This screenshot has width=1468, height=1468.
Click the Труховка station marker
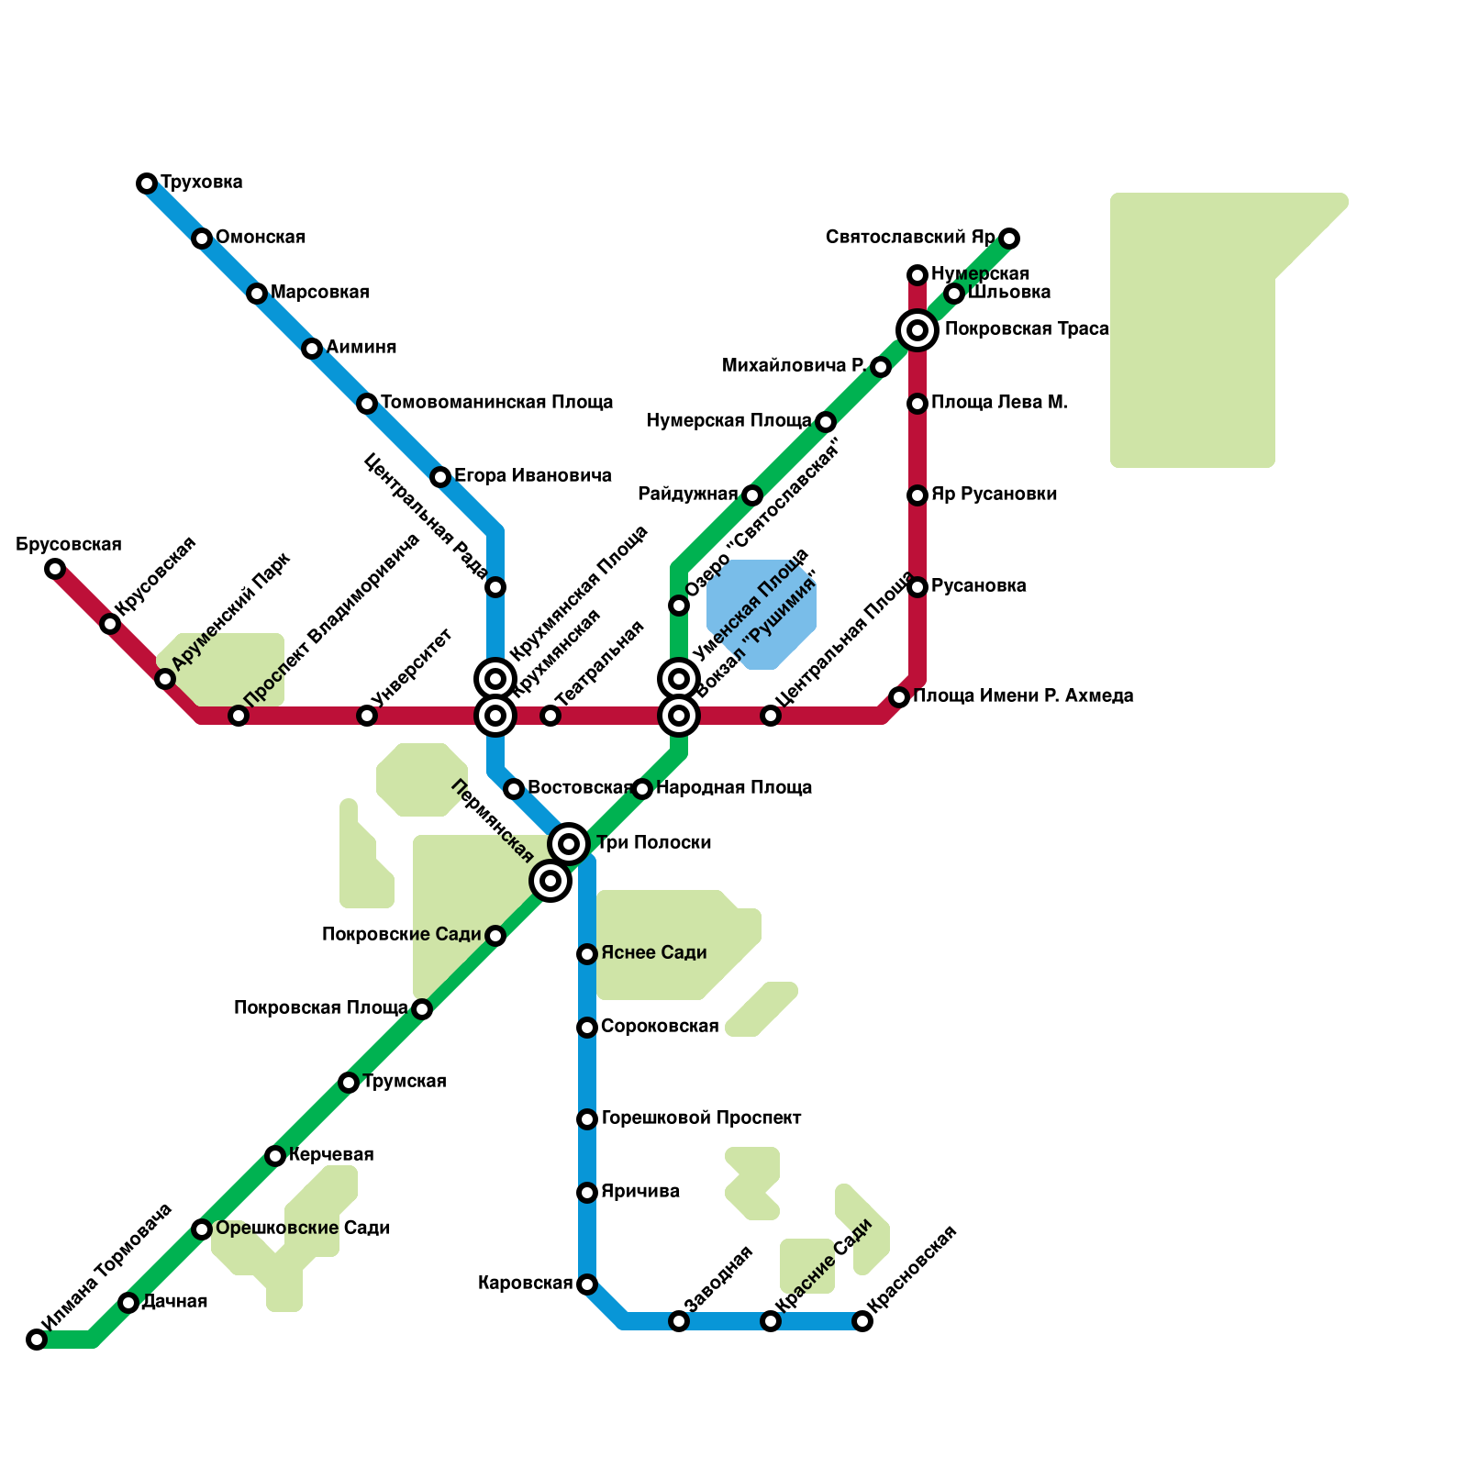point(147,183)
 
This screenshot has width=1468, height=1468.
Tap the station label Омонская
point(261,238)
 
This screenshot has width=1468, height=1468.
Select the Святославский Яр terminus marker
point(1009,239)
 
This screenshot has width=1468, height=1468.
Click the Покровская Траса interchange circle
point(917,330)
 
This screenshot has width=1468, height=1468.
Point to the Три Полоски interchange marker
point(569,843)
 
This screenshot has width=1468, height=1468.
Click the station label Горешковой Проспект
point(701,1118)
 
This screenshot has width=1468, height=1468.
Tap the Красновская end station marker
point(862,1321)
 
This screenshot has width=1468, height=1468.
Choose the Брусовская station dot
point(55,569)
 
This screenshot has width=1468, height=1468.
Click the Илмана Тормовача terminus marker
point(37,1340)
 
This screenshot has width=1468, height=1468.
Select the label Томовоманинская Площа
point(496,403)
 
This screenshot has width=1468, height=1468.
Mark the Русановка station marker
point(917,587)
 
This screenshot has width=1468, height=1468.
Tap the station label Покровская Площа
point(320,1008)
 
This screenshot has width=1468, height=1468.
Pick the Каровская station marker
point(587,1284)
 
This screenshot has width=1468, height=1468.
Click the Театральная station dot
point(550,716)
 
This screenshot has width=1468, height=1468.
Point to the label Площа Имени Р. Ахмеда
point(1023,696)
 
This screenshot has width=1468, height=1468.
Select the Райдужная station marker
point(752,495)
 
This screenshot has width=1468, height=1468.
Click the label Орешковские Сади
point(303,1229)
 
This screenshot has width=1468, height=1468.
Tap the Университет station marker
point(367,716)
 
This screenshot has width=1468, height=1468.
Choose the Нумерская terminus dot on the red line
point(917,275)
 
